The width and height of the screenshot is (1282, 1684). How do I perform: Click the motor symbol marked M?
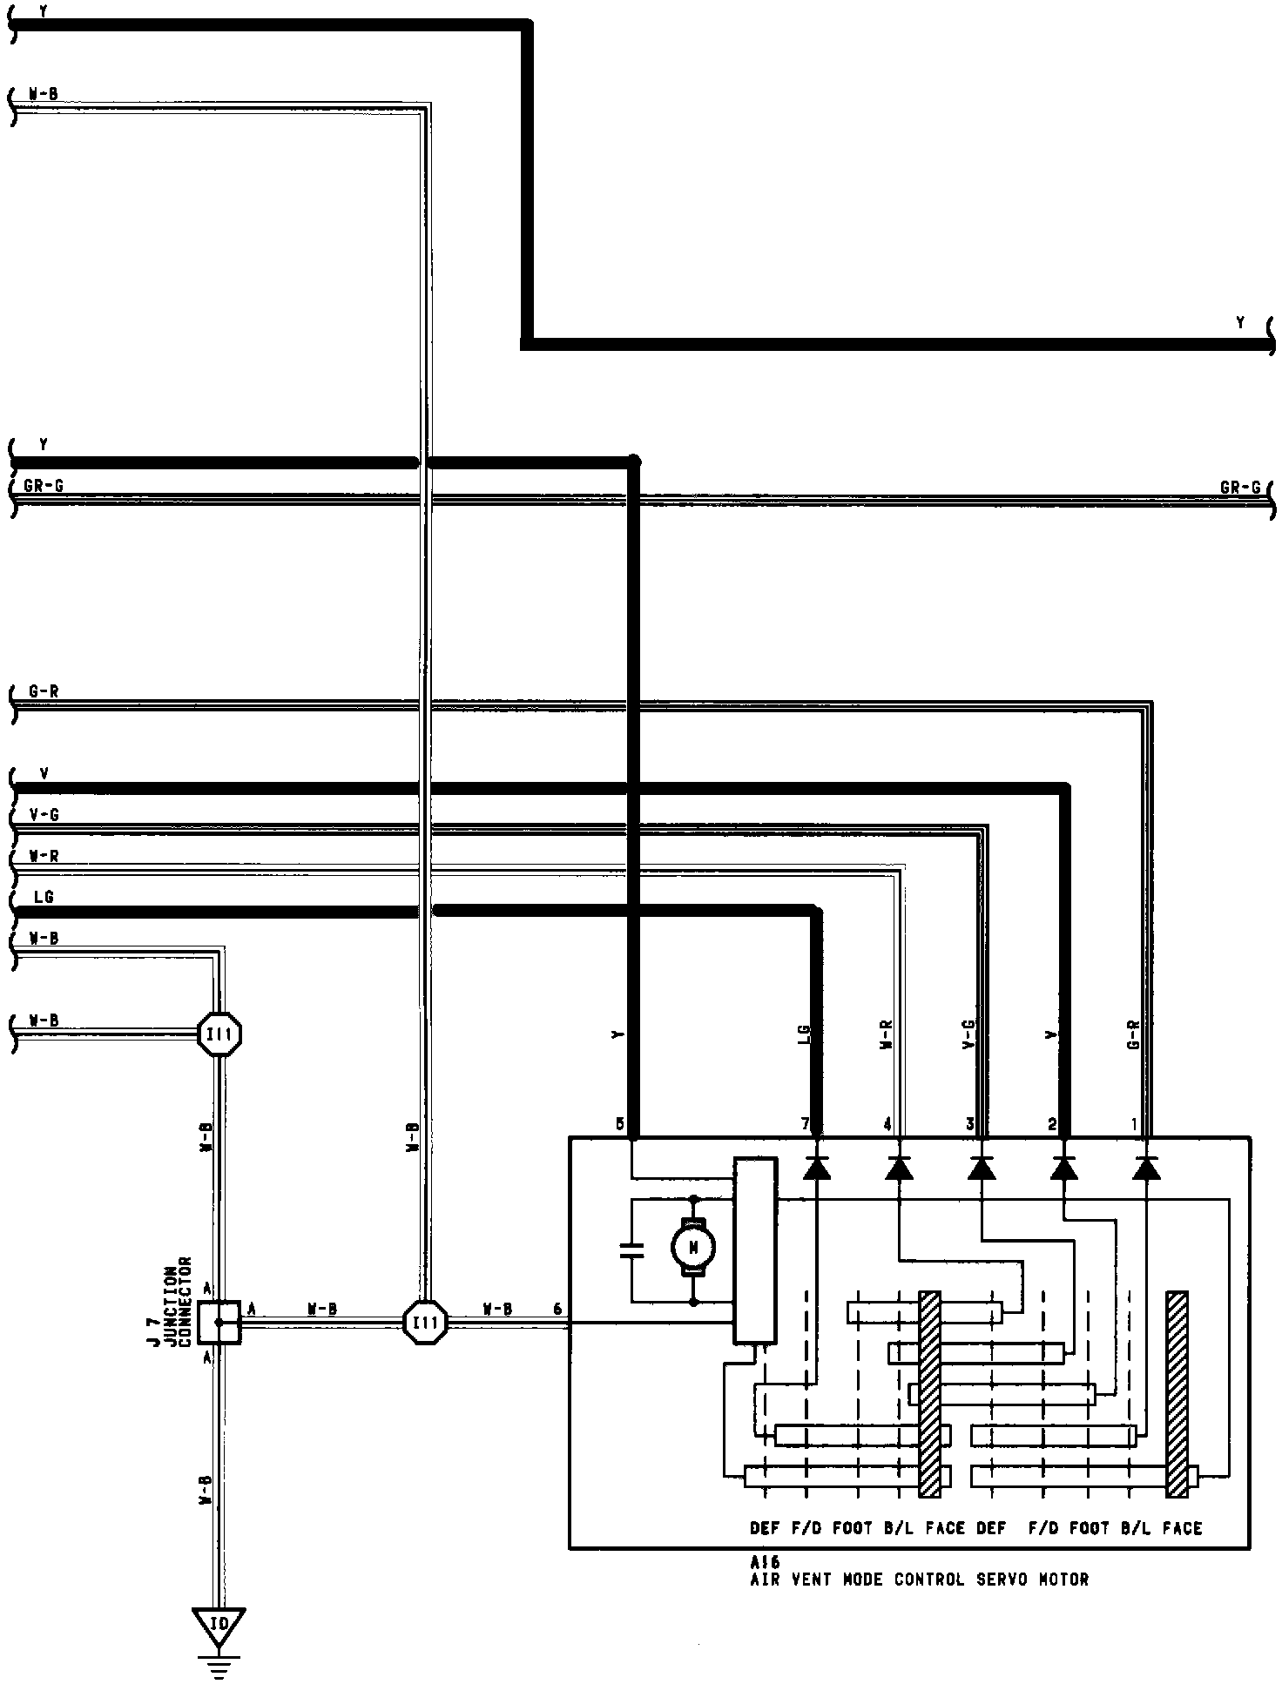coord(693,1248)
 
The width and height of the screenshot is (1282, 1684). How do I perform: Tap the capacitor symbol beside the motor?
coord(631,1251)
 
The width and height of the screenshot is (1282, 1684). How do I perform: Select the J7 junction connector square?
coord(218,1322)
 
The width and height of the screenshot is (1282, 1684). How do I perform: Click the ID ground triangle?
coord(219,1625)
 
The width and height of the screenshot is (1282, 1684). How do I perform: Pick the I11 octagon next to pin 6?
coord(426,1323)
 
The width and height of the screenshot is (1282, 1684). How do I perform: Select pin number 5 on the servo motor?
coord(619,1124)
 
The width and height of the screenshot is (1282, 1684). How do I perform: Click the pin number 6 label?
coord(557,1309)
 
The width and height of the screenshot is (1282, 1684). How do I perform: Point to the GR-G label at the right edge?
coord(1240,488)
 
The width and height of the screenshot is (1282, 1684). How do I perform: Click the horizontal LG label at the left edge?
coord(44,896)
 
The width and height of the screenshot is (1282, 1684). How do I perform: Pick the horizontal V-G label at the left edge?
coord(44,815)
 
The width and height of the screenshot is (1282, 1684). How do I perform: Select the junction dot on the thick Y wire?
coord(634,460)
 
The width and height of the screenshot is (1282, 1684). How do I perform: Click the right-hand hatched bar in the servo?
coord(1177,1394)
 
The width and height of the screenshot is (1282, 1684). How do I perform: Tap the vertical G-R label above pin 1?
coord(1134,1034)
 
